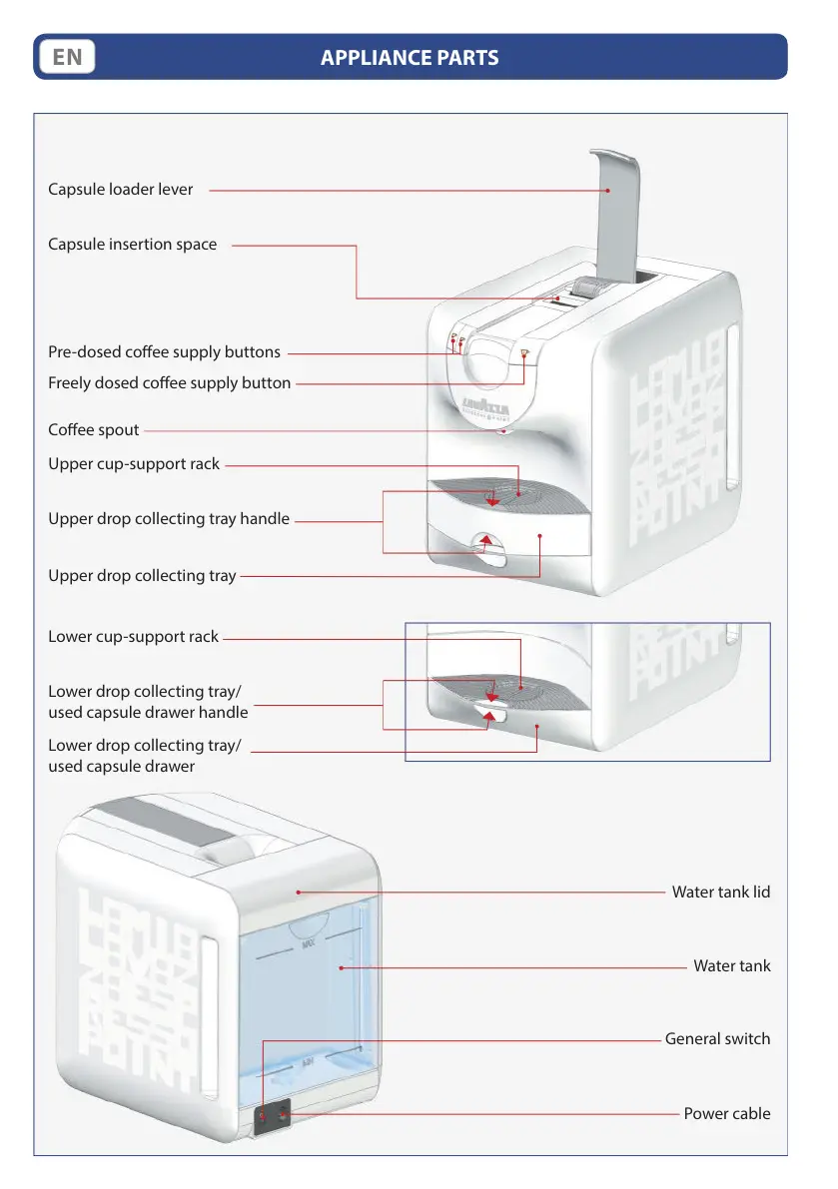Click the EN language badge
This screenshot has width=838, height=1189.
point(67,57)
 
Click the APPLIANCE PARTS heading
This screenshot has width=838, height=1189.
point(410,57)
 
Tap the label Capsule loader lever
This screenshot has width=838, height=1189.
point(121,189)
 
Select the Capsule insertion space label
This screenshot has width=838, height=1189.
point(132,245)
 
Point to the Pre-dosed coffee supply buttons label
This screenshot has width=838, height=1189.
point(164,352)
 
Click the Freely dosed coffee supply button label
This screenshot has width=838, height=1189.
point(170,383)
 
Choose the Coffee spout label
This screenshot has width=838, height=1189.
point(94,430)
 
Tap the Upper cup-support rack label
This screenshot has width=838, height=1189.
point(134,464)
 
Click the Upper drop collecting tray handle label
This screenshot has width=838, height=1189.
point(169,519)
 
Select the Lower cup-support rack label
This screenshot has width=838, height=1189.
point(133,637)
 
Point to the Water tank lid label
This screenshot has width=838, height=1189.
point(721,892)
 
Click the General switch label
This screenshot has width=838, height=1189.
point(717,1039)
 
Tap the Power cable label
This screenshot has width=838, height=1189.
point(727,1113)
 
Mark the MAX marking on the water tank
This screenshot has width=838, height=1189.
point(309,941)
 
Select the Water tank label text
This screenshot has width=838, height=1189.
point(732,966)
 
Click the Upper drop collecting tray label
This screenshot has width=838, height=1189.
point(142,576)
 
